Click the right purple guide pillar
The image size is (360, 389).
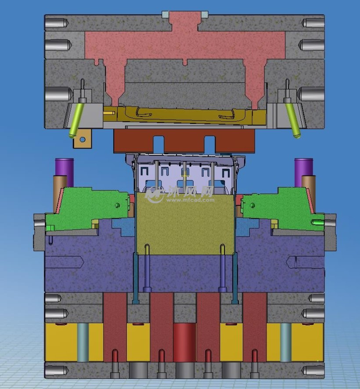pos(303,167)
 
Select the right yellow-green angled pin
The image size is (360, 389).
pos(292,119)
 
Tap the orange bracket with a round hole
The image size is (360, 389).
pos(83,140)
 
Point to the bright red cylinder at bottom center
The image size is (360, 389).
pos(184,342)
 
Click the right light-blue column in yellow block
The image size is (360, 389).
pos(286,342)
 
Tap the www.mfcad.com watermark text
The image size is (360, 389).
pos(190,199)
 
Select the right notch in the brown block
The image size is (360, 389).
pos(210,141)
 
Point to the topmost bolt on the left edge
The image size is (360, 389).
pos(56,23)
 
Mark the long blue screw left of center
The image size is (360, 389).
pos(147,268)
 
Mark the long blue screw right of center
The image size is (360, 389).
pos(223,268)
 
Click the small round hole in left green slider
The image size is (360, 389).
pos(117,205)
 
